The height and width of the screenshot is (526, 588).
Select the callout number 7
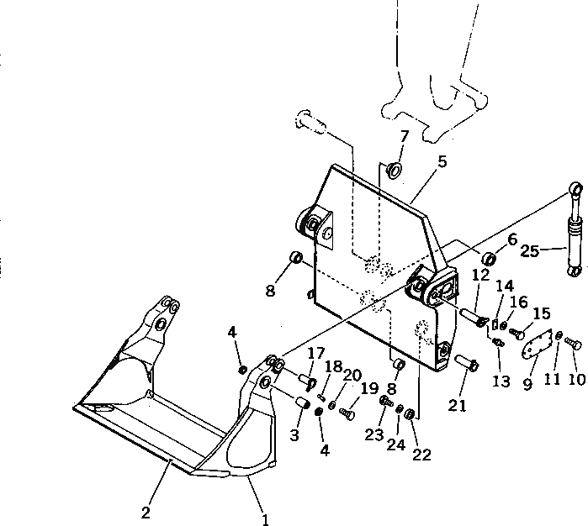click(405, 136)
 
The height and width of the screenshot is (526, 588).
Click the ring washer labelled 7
click(394, 173)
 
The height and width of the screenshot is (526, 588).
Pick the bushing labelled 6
click(489, 255)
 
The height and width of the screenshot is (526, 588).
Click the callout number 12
click(481, 276)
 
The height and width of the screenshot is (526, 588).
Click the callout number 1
click(266, 520)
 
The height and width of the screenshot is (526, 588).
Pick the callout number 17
click(315, 353)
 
